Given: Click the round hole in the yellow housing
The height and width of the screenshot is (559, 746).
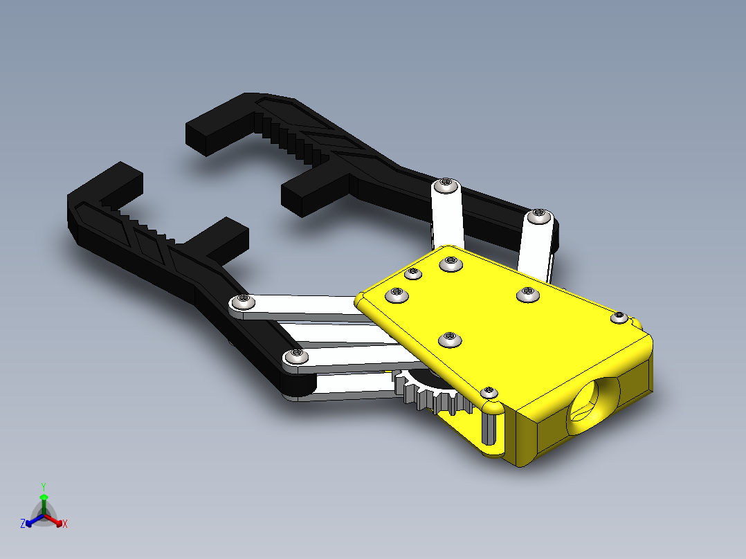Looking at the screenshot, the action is pyautogui.click(x=594, y=406).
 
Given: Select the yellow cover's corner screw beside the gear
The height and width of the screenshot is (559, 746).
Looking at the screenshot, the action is pyautogui.click(x=489, y=393).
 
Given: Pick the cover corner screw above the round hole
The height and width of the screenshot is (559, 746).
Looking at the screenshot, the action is pyautogui.click(x=619, y=318).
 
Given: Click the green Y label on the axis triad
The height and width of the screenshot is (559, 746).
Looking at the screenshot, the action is pyautogui.click(x=44, y=486).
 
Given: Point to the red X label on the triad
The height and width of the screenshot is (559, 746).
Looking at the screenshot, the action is pyautogui.click(x=65, y=524).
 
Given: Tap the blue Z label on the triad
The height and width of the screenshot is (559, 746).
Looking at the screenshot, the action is pyautogui.click(x=22, y=523).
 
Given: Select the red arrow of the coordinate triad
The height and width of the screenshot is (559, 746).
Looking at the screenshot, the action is pyautogui.click(x=54, y=520).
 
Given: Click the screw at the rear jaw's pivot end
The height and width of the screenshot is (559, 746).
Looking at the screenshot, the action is pyautogui.click(x=538, y=216).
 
